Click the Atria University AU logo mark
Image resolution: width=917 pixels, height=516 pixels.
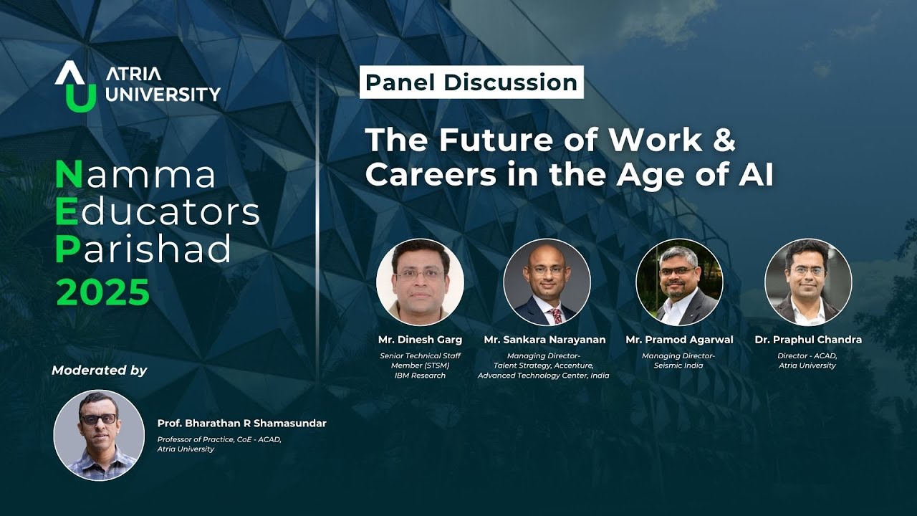[75, 86]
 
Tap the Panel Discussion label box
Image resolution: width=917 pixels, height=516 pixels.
[471, 82]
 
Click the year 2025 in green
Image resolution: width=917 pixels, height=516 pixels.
[102, 292]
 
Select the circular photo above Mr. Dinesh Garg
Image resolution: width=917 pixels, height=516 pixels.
[420, 282]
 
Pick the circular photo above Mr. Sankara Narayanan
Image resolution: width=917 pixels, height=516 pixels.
[547, 282]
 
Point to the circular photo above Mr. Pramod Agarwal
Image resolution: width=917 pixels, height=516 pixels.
[679, 282]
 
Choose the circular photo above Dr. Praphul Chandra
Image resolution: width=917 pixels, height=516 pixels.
[808, 282]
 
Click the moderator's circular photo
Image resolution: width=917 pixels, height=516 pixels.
[99, 434]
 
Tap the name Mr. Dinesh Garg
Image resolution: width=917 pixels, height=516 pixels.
[420, 340]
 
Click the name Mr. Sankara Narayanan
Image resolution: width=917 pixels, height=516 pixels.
[544, 340]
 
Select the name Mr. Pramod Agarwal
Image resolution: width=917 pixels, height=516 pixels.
[678, 340]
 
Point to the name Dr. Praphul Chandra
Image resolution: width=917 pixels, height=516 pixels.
[808, 340]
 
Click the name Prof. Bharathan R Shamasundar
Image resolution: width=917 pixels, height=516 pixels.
[241, 424]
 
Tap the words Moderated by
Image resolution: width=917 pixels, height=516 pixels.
[99, 371]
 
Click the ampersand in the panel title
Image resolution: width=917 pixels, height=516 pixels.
[724, 140]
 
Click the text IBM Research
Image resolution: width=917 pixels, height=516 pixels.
[420, 376]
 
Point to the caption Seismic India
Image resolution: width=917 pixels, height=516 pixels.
[678, 365]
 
